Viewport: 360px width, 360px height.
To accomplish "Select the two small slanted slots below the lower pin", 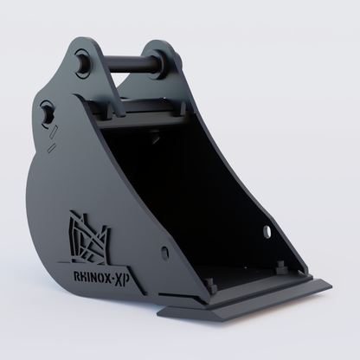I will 54,133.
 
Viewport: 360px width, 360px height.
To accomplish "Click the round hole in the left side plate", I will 164,254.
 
